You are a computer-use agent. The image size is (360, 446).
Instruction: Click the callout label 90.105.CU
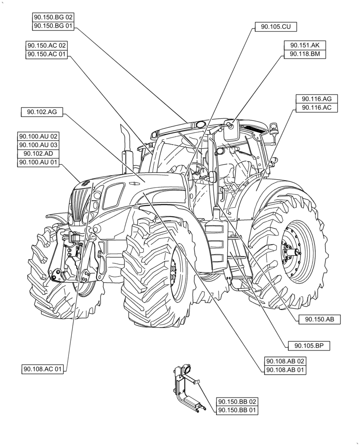276,27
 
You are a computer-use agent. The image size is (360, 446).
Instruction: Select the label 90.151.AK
305,45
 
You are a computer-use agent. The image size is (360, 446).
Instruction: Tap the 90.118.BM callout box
305,54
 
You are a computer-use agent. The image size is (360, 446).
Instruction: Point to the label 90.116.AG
317,99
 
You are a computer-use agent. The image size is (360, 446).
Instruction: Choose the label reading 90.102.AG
42,112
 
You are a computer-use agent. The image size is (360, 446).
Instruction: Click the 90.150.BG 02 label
53,17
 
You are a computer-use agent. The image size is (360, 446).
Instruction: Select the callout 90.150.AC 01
47,54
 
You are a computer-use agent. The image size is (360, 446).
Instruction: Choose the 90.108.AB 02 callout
286,361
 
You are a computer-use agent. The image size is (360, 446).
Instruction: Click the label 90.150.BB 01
237,410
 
